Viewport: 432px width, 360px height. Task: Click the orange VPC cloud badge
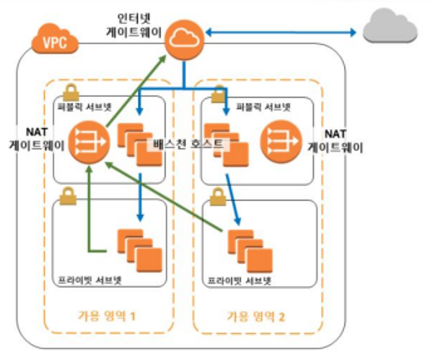pyautogui.click(x=54, y=39)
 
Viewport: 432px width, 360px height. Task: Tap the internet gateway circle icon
pyautogui.click(x=184, y=40)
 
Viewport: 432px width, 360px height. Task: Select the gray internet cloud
pyautogui.click(x=390, y=25)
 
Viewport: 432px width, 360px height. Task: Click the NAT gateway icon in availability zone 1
pyautogui.click(x=90, y=142)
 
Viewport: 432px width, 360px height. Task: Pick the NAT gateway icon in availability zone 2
pyautogui.click(x=281, y=141)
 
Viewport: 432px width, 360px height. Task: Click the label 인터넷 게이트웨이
pyautogui.click(x=134, y=25)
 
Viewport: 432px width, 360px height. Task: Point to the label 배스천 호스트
pyautogui.click(x=188, y=144)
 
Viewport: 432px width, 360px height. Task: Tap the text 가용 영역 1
pyautogui.click(x=107, y=316)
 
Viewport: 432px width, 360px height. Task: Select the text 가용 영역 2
pyautogui.click(x=256, y=316)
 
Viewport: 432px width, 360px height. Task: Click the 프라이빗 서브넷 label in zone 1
pyautogui.click(x=90, y=280)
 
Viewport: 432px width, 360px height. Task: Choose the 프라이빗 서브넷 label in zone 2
pyautogui.click(x=239, y=280)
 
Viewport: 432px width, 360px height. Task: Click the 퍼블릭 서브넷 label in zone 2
pyautogui.click(x=263, y=107)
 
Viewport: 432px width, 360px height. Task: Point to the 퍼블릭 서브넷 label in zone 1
pyautogui.click(x=85, y=107)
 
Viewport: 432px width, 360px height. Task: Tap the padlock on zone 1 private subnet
pyautogui.click(x=68, y=196)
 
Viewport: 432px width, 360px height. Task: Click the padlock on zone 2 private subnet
pyautogui.click(x=218, y=197)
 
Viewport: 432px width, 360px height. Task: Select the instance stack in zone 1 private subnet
pyautogui.click(x=140, y=250)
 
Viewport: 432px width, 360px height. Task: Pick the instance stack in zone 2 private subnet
pyautogui.click(x=250, y=251)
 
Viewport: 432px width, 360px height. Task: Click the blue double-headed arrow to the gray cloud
pyautogui.click(x=280, y=33)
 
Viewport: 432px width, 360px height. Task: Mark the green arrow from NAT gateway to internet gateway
pyautogui.click(x=136, y=90)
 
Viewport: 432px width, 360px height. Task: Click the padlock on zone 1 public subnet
pyautogui.click(x=70, y=92)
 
